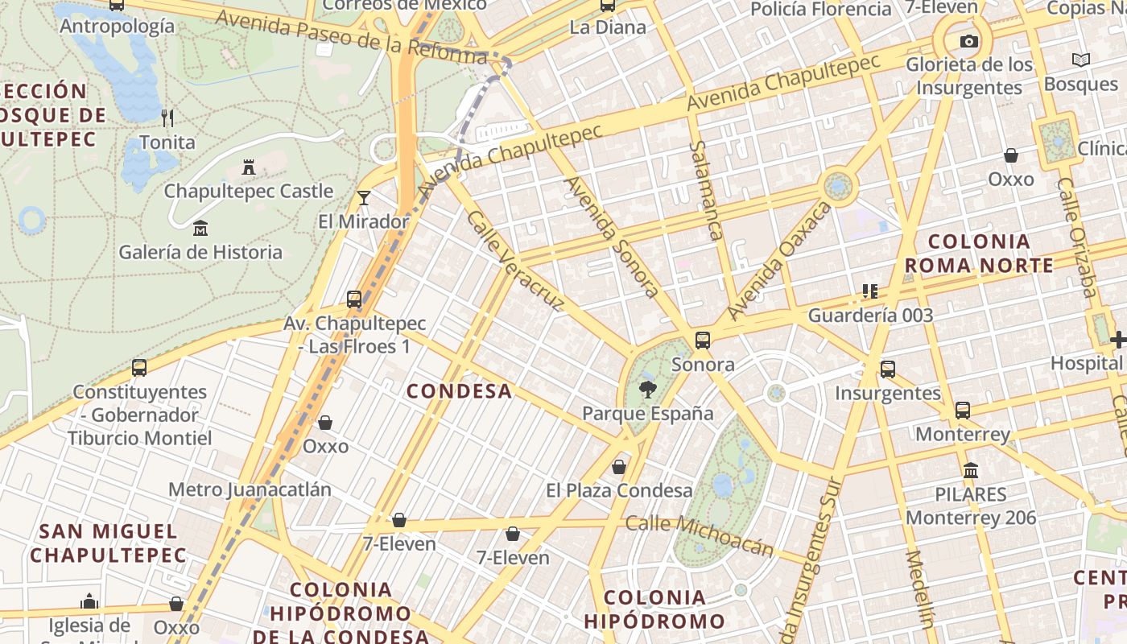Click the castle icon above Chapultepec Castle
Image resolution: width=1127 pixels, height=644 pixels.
[249, 167]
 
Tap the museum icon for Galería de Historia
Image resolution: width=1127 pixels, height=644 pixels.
[200, 229]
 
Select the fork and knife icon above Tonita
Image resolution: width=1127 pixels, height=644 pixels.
[167, 118]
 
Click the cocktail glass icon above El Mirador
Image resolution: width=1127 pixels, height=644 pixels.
[364, 197]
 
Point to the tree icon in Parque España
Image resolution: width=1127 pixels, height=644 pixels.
[646, 390]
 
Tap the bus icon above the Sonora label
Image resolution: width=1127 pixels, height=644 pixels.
[703, 341]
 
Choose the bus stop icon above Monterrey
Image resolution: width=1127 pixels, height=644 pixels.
[963, 411]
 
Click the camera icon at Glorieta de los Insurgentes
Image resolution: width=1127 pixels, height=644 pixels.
[969, 41]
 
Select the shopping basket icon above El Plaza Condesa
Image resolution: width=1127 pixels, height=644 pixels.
[619, 467]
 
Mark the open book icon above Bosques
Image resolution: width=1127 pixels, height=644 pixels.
[1081, 60]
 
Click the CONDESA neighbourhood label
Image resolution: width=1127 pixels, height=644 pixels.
[459, 391]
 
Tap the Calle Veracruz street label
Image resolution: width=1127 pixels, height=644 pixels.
[514, 262]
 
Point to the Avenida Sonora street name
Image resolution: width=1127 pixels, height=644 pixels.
[613, 237]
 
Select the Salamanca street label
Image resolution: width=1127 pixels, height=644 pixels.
[705, 190]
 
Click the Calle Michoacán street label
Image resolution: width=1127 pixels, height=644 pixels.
[700, 535]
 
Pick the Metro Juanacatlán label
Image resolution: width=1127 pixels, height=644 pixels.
[250, 489]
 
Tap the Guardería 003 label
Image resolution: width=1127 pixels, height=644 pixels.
[870, 316]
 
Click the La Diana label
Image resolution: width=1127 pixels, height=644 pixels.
[608, 27]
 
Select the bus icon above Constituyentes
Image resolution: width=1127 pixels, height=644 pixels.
[139, 368]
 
